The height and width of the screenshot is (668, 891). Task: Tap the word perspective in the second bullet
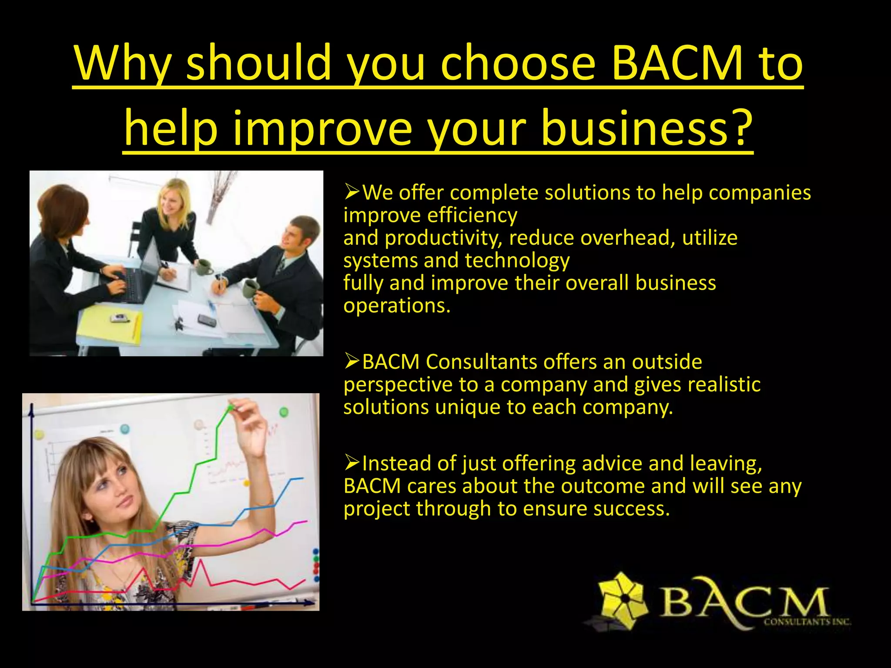point(398,385)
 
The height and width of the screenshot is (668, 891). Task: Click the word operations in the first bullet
point(396,306)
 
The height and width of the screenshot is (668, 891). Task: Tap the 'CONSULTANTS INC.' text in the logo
point(807,622)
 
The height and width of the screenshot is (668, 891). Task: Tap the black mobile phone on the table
point(207,321)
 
